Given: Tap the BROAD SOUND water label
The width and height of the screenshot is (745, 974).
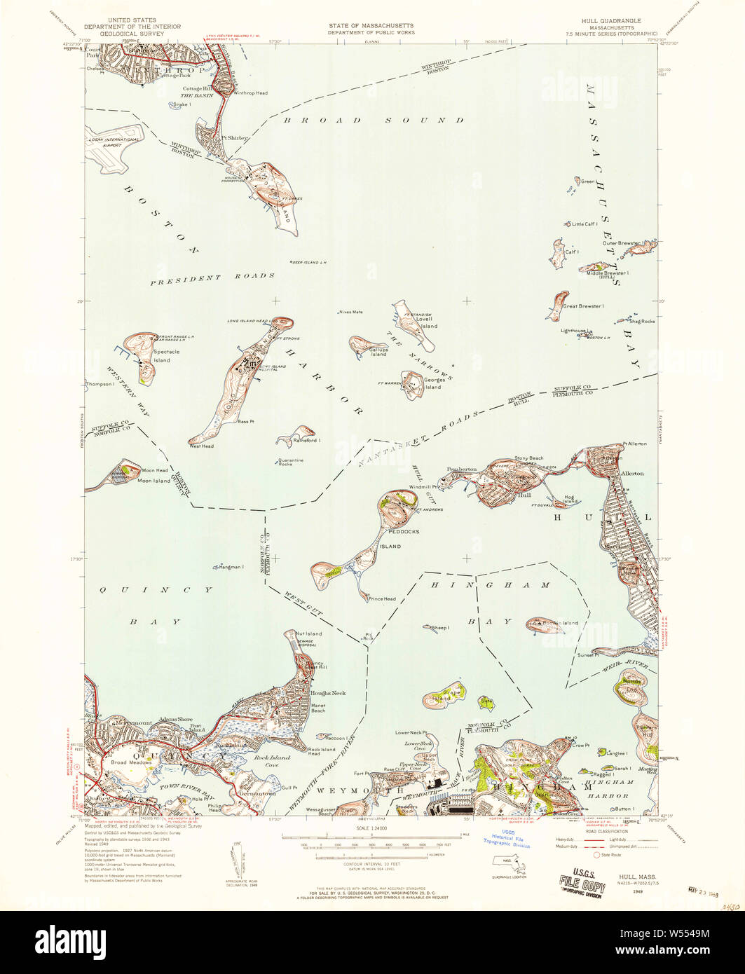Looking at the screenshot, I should pyautogui.click(x=374, y=121).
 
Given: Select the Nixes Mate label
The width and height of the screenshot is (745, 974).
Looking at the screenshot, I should pyautogui.click(x=350, y=312).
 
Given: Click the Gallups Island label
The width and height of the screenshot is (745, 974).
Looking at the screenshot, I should pyautogui.click(x=378, y=352).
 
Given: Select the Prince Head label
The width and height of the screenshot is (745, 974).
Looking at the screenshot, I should pyautogui.click(x=382, y=598).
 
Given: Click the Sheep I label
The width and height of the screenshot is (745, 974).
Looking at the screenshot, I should pyautogui.click(x=440, y=628).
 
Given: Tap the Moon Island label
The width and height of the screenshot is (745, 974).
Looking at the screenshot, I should pyautogui.click(x=153, y=481).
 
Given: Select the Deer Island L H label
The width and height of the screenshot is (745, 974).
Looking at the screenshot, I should pyautogui.click(x=309, y=262).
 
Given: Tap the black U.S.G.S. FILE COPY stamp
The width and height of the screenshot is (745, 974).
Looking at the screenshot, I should pyautogui.click(x=581, y=879).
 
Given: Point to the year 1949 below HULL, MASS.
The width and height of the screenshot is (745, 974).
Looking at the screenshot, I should pyautogui.click(x=637, y=892).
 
